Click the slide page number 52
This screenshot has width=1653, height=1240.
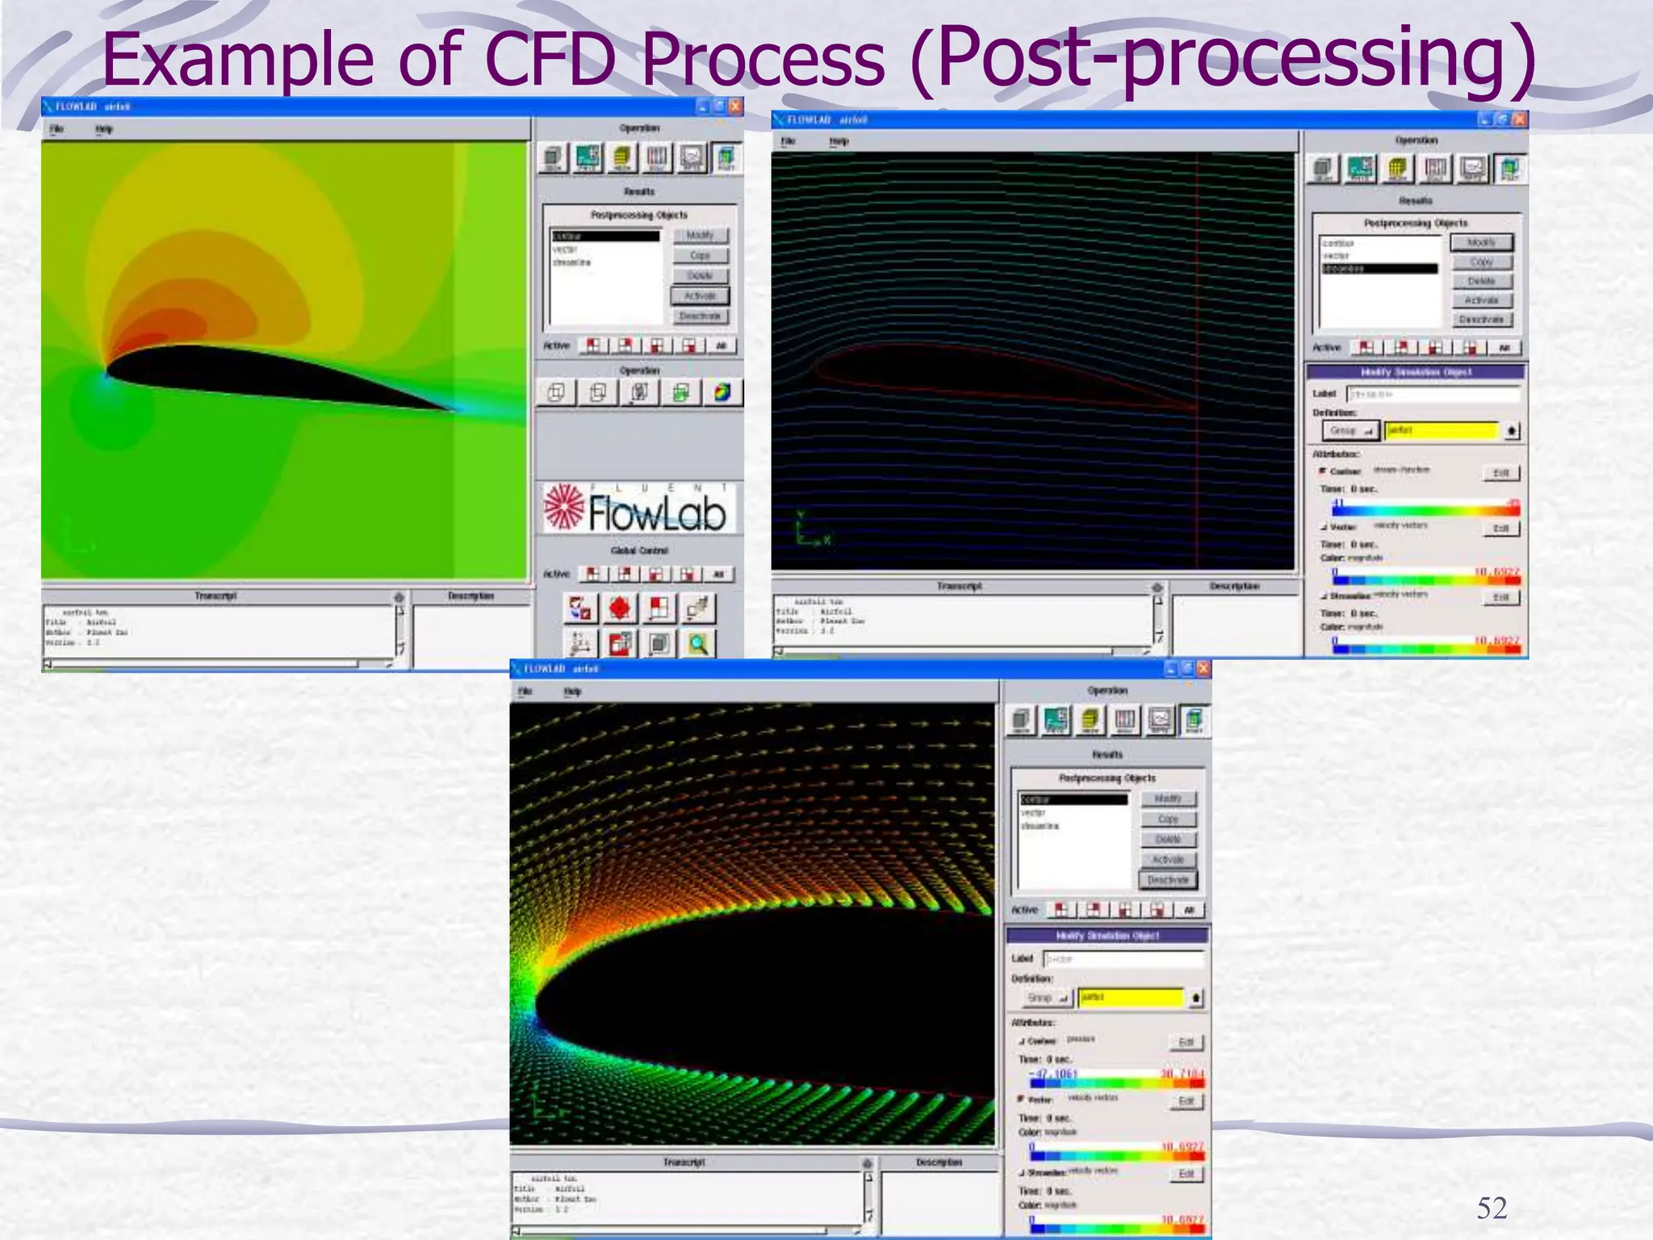click(1492, 1209)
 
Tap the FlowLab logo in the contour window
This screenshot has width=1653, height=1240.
click(638, 509)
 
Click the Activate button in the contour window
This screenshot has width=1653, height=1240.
click(700, 296)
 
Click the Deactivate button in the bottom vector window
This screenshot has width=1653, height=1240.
click(1168, 880)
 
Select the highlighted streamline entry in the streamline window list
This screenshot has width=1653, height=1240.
click(1379, 269)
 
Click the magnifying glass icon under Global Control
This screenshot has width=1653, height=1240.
click(698, 643)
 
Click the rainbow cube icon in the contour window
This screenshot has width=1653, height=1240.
click(722, 393)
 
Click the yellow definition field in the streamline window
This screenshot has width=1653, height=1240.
click(1442, 430)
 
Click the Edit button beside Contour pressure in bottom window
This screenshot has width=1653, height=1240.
click(1186, 1042)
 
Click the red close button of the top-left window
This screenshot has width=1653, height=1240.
click(735, 107)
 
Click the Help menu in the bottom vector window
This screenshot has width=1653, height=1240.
click(572, 692)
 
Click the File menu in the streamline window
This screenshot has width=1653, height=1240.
click(788, 141)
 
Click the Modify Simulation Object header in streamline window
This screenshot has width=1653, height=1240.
click(1416, 372)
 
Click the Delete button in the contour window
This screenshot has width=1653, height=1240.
click(700, 276)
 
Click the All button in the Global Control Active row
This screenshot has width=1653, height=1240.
click(718, 574)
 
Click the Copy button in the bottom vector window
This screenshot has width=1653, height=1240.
click(1168, 819)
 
